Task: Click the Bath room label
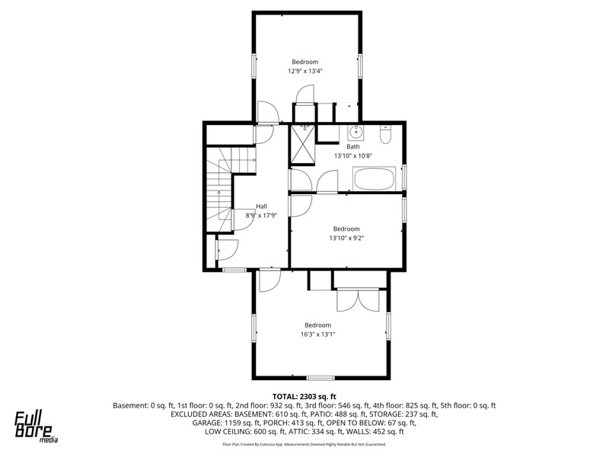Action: [353, 146]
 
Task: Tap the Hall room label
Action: [261, 206]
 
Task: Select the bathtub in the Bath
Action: [374, 179]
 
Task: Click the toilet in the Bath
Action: [385, 135]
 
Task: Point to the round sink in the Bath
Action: [355, 133]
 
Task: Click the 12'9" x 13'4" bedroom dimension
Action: [305, 71]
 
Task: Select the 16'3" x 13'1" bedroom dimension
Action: [317, 334]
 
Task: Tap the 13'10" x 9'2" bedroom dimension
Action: [346, 238]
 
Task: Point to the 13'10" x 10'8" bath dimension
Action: [353, 156]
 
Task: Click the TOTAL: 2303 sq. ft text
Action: [304, 397]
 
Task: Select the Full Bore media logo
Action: [36, 427]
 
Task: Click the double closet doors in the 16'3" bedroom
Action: [358, 299]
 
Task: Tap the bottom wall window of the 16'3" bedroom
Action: [320, 378]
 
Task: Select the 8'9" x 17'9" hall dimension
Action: [261, 216]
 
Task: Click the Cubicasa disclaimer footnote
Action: [304, 444]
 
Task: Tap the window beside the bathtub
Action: [404, 177]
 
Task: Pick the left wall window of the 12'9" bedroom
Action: [254, 66]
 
